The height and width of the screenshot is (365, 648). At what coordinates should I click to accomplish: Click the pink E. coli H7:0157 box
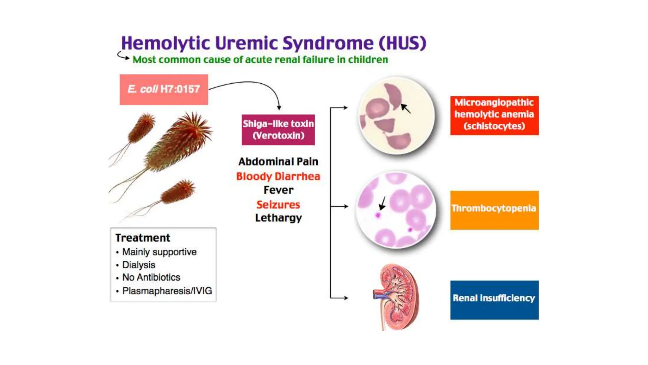click(x=164, y=90)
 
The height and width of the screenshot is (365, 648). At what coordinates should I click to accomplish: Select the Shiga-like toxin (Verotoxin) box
click(x=278, y=130)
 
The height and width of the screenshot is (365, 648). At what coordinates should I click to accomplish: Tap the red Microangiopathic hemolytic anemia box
click(x=494, y=115)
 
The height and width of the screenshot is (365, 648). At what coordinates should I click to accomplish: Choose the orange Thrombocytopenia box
click(x=494, y=210)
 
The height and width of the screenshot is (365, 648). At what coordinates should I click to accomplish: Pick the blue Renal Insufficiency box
click(x=494, y=300)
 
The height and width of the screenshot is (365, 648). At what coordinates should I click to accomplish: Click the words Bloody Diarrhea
click(x=278, y=176)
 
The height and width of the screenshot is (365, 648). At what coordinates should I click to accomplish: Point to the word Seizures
click(x=278, y=204)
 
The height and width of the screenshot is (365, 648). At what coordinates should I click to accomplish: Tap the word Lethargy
click(x=278, y=218)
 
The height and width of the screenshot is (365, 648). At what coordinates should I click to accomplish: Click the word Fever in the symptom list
click(x=278, y=190)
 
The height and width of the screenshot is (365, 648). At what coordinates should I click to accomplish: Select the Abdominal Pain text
click(x=278, y=162)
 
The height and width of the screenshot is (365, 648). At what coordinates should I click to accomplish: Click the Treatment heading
click(x=143, y=238)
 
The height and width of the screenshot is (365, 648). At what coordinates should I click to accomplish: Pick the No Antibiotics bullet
click(x=151, y=278)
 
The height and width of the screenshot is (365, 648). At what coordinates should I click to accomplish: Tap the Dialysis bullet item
click(x=139, y=265)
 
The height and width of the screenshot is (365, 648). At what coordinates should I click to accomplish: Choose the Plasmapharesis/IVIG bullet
click(x=167, y=291)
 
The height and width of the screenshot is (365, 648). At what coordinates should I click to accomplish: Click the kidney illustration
click(x=396, y=297)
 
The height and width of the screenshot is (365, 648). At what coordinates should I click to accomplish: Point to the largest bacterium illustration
click(x=177, y=143)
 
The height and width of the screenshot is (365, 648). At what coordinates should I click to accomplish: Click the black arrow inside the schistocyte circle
click(x=406, y=108)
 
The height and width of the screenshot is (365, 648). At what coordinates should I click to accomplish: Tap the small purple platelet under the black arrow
click(x=378, y=215)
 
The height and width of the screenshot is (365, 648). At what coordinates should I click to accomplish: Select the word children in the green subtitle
click(x=368, y=60)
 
